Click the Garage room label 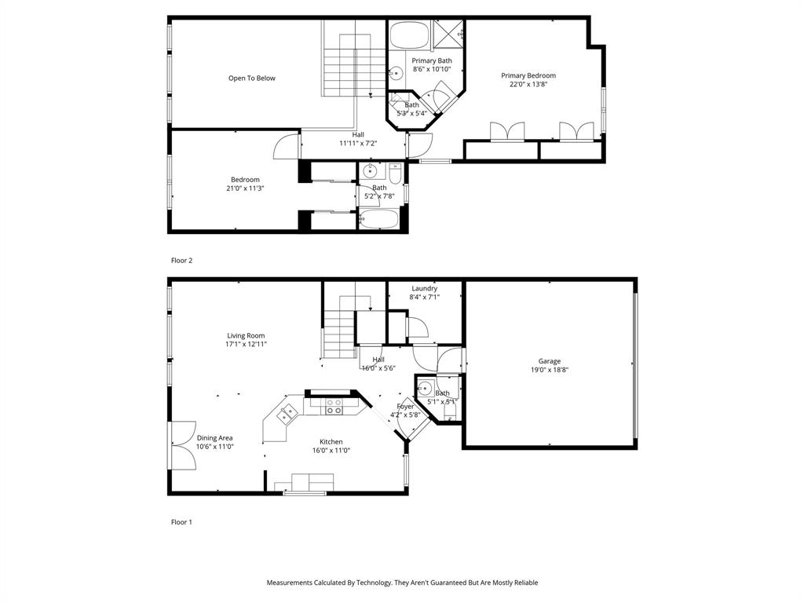550,361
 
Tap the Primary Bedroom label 528,75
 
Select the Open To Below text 251,78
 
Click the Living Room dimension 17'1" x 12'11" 246,344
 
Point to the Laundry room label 424,288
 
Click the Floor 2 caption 181,260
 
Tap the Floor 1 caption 181,521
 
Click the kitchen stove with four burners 334,406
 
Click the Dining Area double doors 182,446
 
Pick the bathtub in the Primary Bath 408,35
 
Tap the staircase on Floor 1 339,330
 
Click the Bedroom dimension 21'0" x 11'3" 245,188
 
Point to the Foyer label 405,406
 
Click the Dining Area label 214,438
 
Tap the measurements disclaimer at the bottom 402,583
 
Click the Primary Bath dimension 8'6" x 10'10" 432,69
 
